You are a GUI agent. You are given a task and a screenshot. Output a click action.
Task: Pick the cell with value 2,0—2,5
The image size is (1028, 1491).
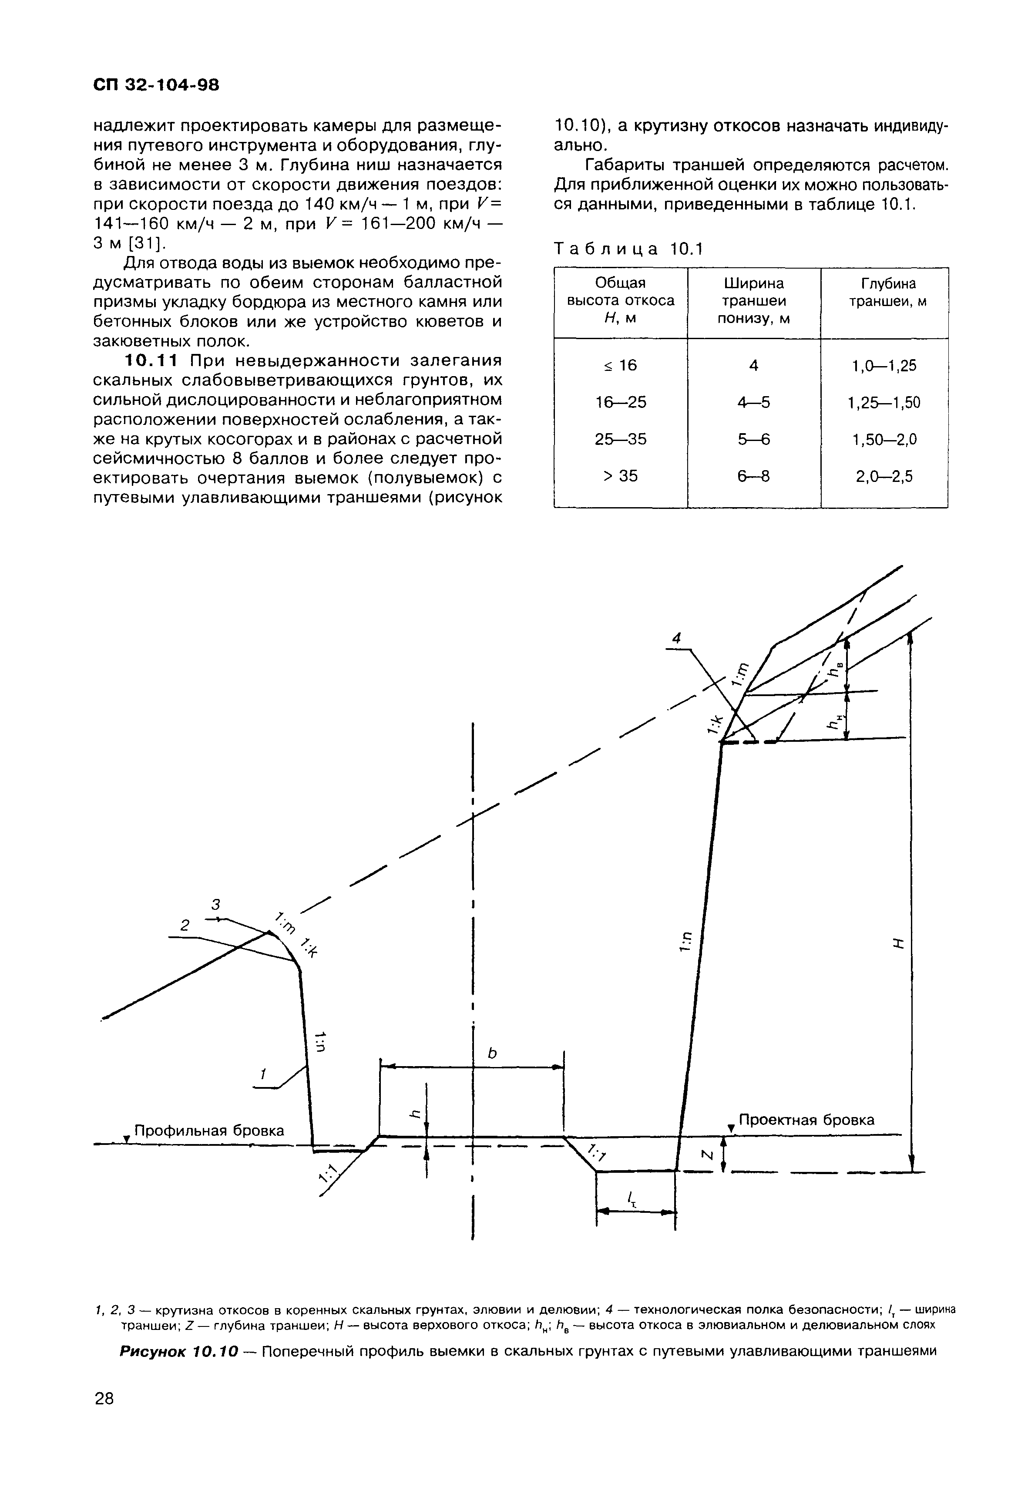884,477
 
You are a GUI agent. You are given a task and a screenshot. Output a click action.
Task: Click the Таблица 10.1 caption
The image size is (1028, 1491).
629,249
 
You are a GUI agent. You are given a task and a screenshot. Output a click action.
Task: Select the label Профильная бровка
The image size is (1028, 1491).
209,1131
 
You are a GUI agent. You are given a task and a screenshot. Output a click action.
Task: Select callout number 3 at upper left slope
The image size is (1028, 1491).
216,905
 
